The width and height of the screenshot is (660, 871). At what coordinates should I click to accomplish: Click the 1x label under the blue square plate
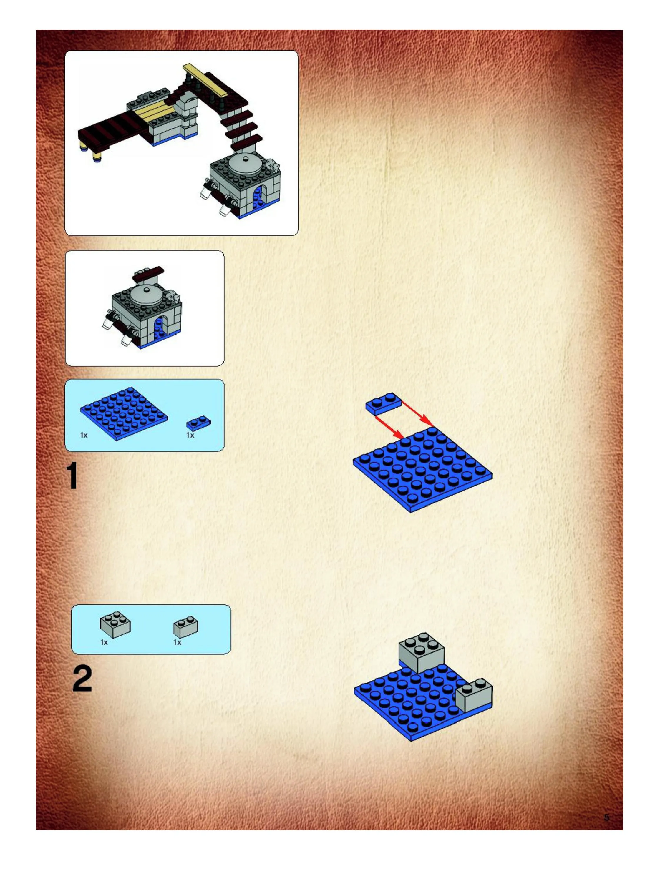[x=84, y=435]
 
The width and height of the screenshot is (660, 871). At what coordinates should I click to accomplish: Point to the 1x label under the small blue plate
[x=190, y=435]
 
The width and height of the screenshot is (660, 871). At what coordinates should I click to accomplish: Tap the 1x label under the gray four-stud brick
[x=104, y=642]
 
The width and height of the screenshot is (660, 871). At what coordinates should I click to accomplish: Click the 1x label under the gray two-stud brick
[x=177, y=642]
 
